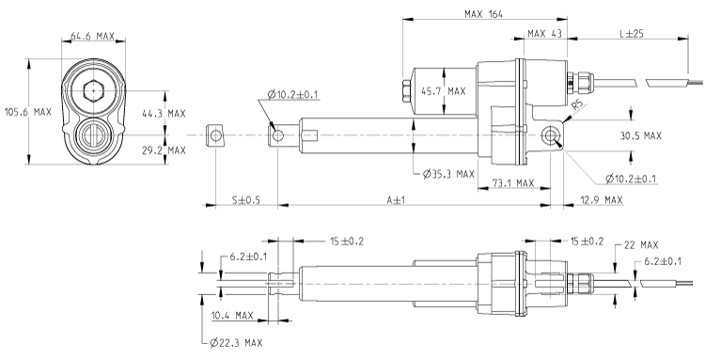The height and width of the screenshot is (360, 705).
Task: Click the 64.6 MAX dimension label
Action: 92,38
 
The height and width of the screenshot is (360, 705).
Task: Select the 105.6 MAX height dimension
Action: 29,112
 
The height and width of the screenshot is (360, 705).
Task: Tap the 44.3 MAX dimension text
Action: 164,113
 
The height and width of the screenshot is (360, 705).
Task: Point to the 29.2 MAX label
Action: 164,150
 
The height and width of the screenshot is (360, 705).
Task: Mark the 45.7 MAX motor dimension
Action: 443,92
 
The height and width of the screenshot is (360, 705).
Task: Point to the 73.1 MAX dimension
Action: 512,184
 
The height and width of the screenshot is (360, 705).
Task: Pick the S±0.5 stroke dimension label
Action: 245,200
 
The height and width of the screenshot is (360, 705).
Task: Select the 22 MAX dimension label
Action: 643,246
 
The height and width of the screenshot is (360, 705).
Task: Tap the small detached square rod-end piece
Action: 217,136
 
